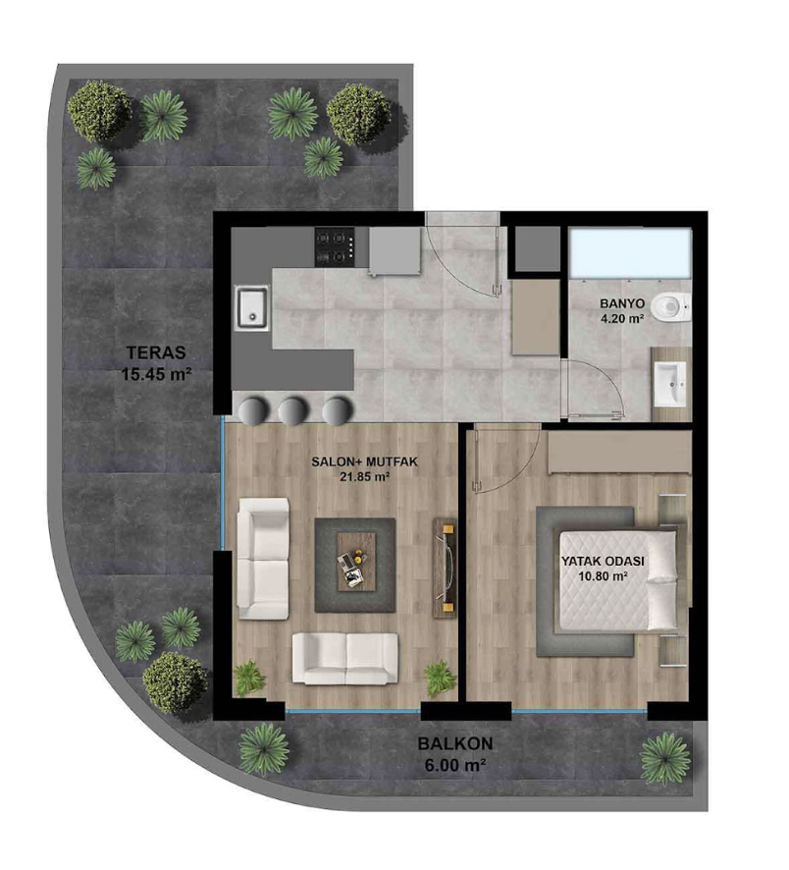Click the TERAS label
tap(156, 353)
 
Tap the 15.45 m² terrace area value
tap(156, 373)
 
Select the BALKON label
tap(455, 743)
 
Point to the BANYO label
tap(622, 303)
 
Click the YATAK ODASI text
tap(603, 562)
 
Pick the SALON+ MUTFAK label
tap(364, 462)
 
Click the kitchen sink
tap(253, 307)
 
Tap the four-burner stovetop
tap(336, 246)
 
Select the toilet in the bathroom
tap(670, 307)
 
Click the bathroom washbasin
tap(672, 384)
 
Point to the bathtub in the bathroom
tap(630, 252)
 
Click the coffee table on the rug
tap(356, 562)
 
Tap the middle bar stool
tap(293, 411)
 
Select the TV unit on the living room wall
tap(445, 565)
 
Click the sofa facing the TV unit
tap(263, 558)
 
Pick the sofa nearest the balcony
tap(344, 659)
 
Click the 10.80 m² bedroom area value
tap(603, 576)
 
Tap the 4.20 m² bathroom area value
tap(622, 318)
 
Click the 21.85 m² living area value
tap(364, 476)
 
